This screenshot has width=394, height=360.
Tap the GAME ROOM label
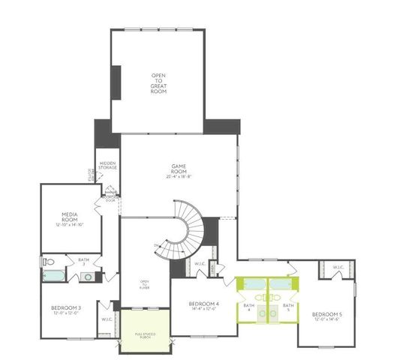(179, 170)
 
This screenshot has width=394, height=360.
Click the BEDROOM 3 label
(66, 307)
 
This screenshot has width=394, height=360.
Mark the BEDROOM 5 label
(326, 313)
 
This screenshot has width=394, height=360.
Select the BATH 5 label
(287, 307)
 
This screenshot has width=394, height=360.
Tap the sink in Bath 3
(88, 277)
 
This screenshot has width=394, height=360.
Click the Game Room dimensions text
(179, 177)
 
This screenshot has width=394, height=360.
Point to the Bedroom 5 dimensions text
(326, 319)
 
